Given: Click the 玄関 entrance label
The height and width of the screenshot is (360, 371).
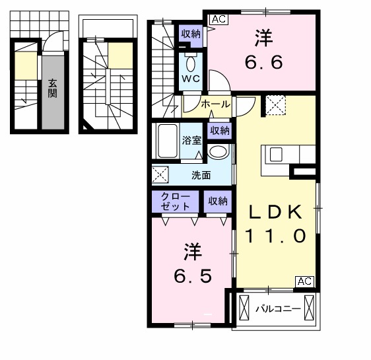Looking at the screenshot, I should pyautogui.click(x=52, y=88).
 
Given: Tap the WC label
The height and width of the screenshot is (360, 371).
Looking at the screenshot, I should pyautogui.click(x=191, y=79).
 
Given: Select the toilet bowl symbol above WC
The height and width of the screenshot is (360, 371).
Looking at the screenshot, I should pyautogui.click(x=191, y=63).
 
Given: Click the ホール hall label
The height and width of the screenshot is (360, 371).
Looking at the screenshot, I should pyautogui.click(x=215, y=104).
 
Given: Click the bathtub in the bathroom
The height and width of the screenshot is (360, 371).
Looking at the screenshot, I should pyautogui.click(x=168, y=141).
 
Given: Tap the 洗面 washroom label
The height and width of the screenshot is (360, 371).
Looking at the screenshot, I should pyautogui.click(x=201, y=175).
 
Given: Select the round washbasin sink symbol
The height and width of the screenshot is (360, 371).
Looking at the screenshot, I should pyautogui.click(x=217, y=151).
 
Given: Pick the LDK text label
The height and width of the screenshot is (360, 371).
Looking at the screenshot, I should pyautogui.click(x=275, y=213).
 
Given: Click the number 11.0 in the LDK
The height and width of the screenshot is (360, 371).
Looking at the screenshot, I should pyautogui.click(x=276, y=236).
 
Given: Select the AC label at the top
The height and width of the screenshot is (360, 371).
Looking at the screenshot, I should pyautogui.click(x=219, y=19).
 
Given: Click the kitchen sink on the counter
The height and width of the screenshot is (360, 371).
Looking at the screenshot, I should pyautogui.click(x=275, y=154).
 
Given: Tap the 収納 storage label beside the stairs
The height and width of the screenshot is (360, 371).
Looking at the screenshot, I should pyautogui.click(x=191, y=34).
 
